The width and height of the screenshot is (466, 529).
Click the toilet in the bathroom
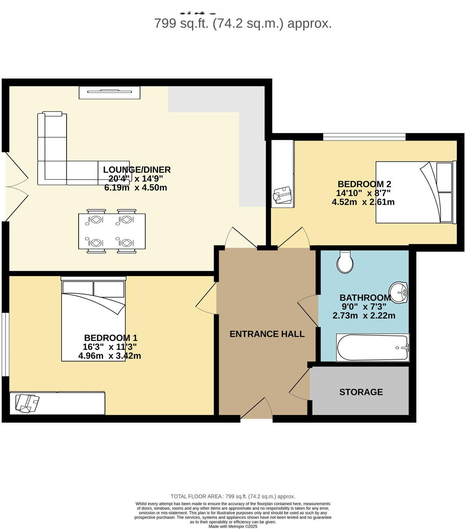pyautogui.click(x=345, y=262)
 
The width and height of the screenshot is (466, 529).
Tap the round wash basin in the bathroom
pyautogui.click(x=399, y=292)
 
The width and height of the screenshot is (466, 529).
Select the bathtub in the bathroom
pyautogui.click(x=372, y=348)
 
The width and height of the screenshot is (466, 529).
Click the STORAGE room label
pyautogui.click(x=361, y=392)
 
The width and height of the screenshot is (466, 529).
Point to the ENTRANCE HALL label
pyautogui.click(x=267, y=334)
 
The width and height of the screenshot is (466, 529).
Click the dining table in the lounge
pyautogui.click(x=112, y=231)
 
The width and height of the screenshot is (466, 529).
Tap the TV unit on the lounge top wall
pyautogui.click(x=110, y=93)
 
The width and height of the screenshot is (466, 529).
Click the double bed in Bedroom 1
pyautogui.click(x=93, y=321)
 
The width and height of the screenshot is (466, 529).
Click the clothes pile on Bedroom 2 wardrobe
pyautogui.click(x=283, y=195)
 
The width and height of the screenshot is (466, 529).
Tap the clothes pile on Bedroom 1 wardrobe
pyautogui.click(x=27, y=403)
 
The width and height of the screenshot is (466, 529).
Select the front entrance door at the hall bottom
pyautogui.click(x=257, y=410)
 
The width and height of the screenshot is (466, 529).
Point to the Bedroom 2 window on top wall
pyautogui.click(x=364, y=137)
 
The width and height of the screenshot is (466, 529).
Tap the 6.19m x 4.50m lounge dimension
pyautogui.click(x=135, y=188)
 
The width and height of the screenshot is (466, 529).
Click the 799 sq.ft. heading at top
pyautogui.click(x=243, y=24)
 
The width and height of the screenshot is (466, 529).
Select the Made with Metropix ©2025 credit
pyautogui.click(x=233, y=526)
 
